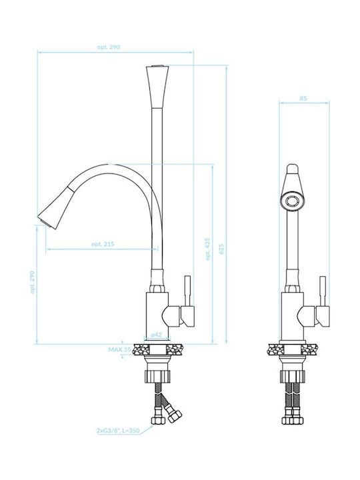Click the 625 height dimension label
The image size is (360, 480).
tap(221, 249)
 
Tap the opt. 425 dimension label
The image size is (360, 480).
tap(208, 249)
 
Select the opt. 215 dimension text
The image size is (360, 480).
tap(103, 244)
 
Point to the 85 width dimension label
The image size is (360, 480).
tap(303, 98)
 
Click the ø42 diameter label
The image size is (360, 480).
tap(157, 335)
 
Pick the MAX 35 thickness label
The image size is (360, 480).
tap(120, 349)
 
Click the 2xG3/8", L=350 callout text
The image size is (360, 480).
tap(118, 431)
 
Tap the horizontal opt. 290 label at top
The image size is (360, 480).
tap(109, 47)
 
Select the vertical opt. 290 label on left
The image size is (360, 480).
tap(33, 282)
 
